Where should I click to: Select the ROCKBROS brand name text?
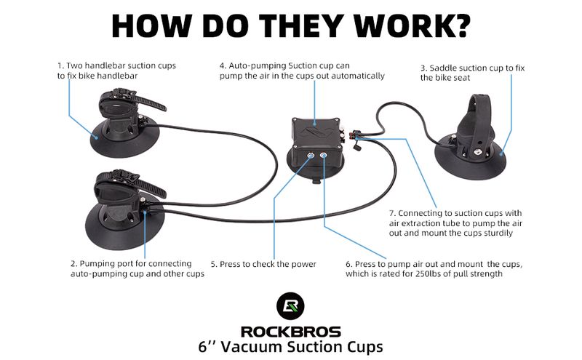tap(291, 331)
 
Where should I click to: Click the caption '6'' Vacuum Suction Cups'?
tap(291, 348)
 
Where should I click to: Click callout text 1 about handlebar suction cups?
tap(116, 71)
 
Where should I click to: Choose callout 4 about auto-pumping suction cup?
tap(302, 71)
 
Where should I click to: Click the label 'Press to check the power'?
tap(263, 264)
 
